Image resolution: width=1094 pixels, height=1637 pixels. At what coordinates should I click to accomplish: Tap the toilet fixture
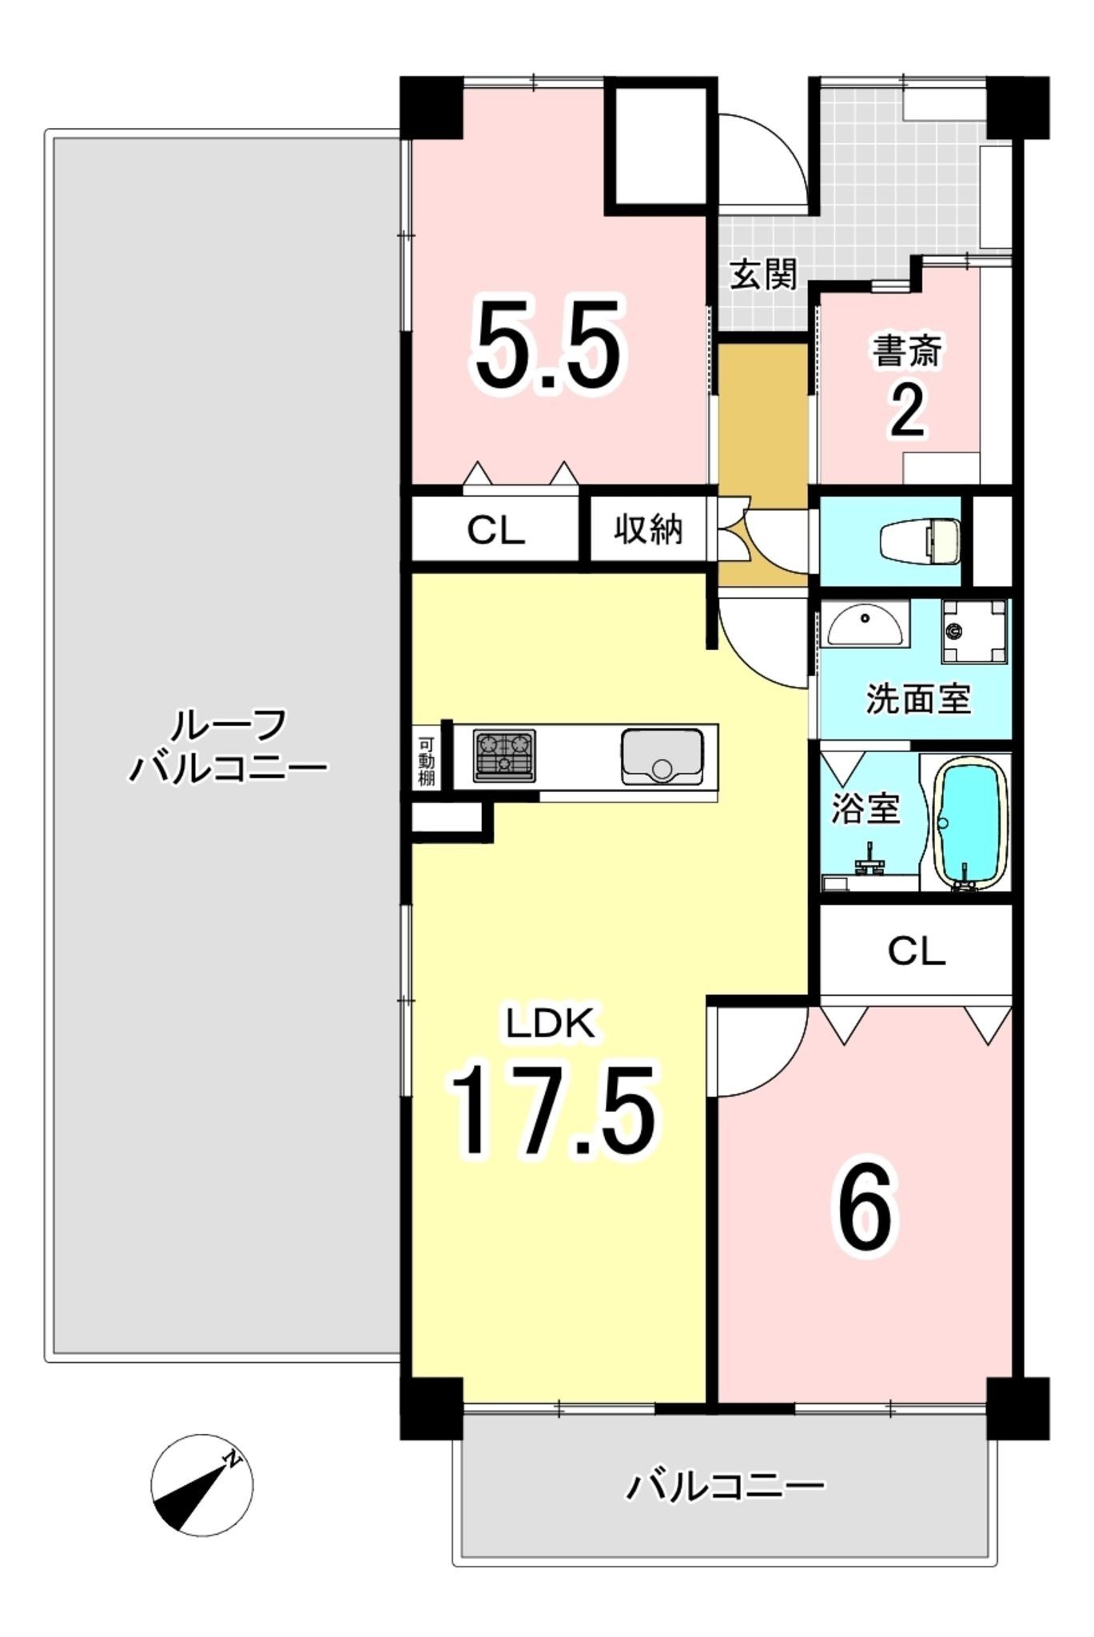(920, 541)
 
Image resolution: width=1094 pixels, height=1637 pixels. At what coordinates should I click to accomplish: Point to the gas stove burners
(504, 755)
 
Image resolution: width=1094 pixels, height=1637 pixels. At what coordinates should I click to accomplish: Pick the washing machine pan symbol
(974, 631)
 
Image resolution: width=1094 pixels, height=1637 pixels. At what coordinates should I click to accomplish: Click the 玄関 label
(764, 275)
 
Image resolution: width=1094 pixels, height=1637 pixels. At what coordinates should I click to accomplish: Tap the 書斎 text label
(907, 352)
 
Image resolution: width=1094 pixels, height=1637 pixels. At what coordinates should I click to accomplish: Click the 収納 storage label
(648, 528)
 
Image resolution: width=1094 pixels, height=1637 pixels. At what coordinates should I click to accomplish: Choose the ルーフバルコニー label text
(228, 747)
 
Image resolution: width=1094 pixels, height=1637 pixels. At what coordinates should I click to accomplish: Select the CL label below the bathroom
(916, 951)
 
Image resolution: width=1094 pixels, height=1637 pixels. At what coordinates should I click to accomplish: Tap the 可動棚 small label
(426, 759)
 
